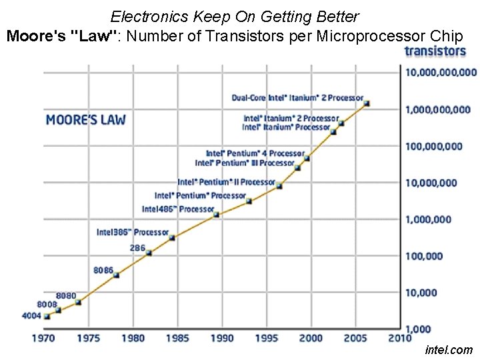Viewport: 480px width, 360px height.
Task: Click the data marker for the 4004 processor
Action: (x=47, y=316)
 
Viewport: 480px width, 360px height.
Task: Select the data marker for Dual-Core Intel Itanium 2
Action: (x=367, y=103)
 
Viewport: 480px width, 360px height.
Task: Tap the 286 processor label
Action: (x=137, y=247)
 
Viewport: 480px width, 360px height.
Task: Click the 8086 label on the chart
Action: (x=103, y=271)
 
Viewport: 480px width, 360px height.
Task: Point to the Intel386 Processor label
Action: (x=133, y=232)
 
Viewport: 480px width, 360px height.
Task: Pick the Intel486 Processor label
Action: (x=178, y=209)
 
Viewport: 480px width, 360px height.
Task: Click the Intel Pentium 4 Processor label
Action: (x=255, y=153)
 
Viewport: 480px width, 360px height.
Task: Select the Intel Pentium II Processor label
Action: (x=226, y=182)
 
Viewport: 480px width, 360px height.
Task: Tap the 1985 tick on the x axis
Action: (x=177, y=339)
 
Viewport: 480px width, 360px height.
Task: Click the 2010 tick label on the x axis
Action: (x=399, y=339)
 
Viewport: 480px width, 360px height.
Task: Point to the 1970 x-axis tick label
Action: (x=45, y=339)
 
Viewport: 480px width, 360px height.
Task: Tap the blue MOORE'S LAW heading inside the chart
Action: (x=85, y=120)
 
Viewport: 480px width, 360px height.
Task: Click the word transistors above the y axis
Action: (x=435, y=51)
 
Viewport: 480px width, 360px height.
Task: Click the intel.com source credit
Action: (x=448, y=349)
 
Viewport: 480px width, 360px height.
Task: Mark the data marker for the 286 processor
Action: (x=149, y=253)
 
